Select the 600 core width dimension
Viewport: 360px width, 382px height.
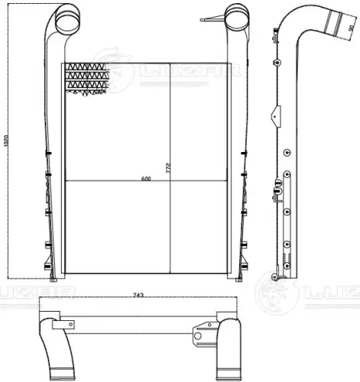(x=144, y=180)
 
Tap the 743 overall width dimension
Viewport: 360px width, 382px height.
(x=138, y=295)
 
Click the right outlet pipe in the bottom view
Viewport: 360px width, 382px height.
(x=227, y=336)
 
